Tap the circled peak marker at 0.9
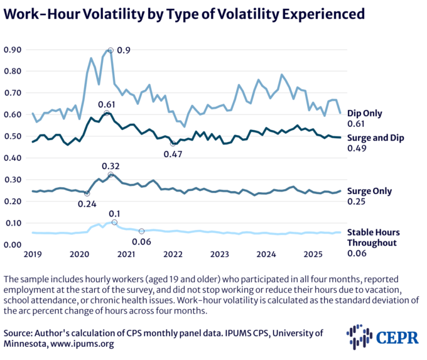pos(111,50)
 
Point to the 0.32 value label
pos(111,165)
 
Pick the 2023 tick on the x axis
pos(220,254)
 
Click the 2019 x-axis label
pos(33,254)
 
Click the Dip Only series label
pos(364,113)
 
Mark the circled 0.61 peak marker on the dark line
pos(107,113)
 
